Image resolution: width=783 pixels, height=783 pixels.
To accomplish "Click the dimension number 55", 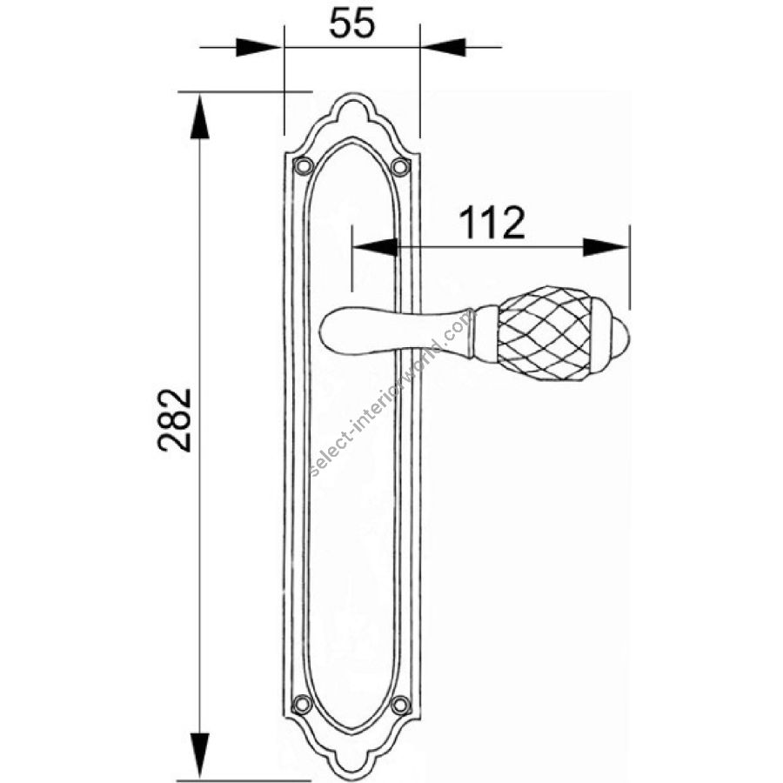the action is [351, 23].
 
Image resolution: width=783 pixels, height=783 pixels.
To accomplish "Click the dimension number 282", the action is [175, 420].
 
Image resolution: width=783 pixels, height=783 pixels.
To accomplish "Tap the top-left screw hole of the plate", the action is [303, 165].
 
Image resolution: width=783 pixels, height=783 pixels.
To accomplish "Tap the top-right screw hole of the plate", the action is [400, 165].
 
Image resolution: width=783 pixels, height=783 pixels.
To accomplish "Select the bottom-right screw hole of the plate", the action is [400, 705].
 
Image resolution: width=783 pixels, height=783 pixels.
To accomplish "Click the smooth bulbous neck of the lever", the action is [394, 331].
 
